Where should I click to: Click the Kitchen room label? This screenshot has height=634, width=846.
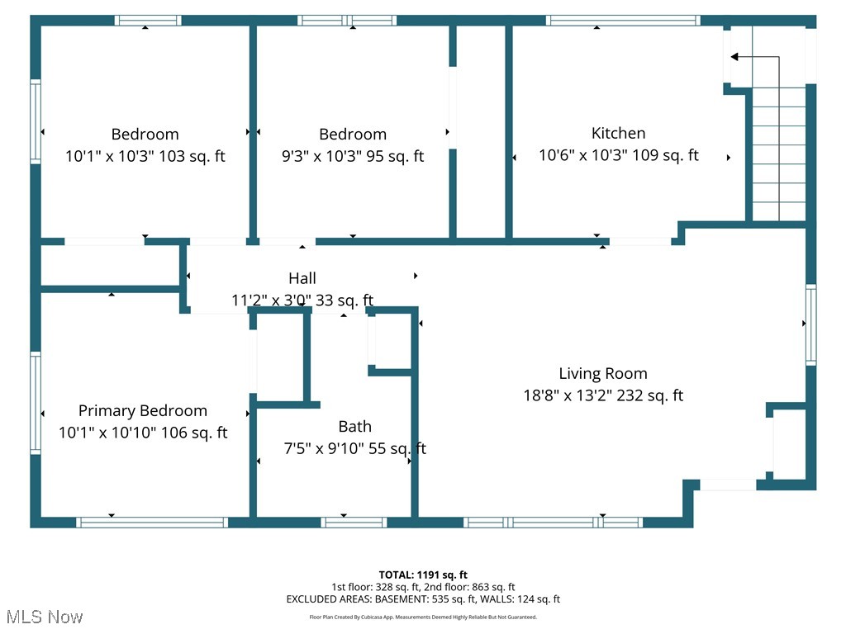coord(618,133)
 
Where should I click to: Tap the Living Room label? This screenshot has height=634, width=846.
coord(602,373)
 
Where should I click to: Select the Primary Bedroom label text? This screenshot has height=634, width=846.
coord(143,410)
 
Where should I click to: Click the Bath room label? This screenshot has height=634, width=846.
coord(354,426)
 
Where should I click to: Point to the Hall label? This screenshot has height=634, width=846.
coord(302,278)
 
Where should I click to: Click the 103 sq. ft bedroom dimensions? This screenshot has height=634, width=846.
coord(145,155)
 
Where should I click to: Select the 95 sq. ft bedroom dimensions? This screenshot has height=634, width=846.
coord(353,155)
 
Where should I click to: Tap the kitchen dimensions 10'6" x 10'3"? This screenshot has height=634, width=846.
coord(618,154)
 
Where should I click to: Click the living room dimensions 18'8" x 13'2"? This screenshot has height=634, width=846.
coord(602,395)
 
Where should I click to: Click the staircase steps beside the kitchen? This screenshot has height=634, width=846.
coord(778,157)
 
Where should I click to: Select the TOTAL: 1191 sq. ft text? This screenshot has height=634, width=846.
coord(423,575)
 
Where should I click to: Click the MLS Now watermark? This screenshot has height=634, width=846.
coord(45,617)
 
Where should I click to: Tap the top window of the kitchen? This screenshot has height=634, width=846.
coord(622,21)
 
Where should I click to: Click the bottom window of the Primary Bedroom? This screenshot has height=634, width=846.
coord(151,522)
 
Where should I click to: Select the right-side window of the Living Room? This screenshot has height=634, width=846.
coord(810,325)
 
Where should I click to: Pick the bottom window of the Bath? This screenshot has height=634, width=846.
coord(354,522)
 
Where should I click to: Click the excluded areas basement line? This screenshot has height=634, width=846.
coord(423,599)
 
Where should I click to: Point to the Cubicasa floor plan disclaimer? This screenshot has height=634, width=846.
coord(423,617)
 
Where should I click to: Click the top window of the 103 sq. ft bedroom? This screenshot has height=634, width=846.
coord(147,21)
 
